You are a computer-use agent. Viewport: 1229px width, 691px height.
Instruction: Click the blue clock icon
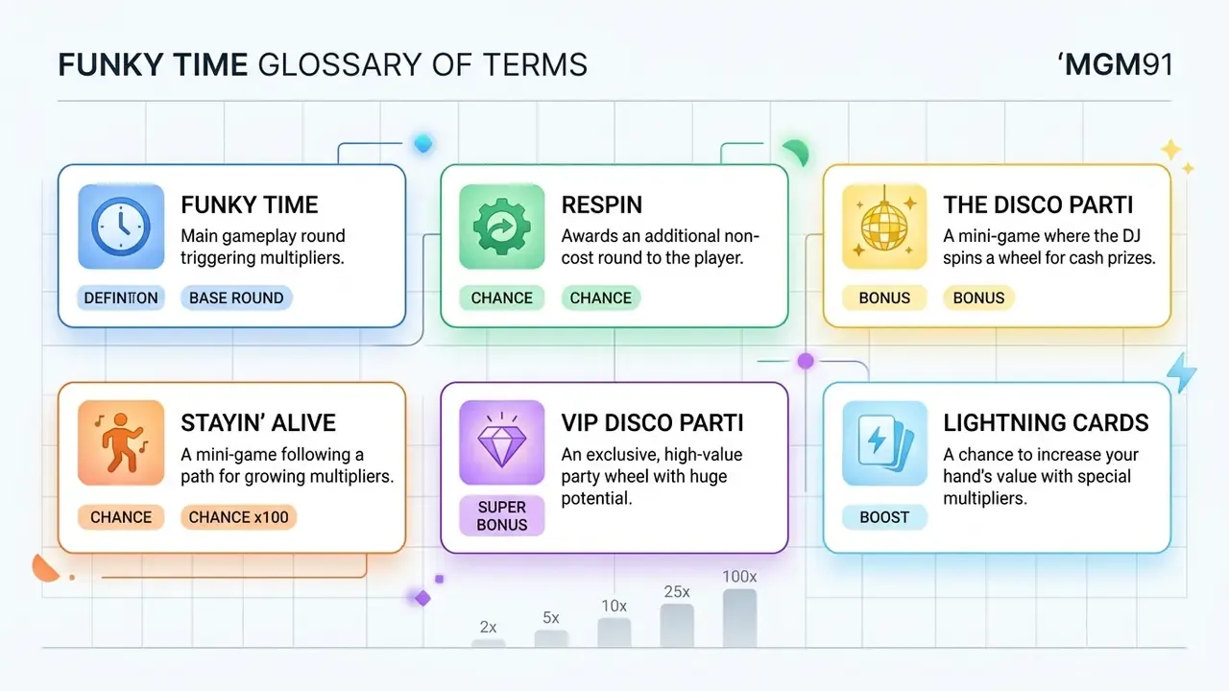tap(121, 226)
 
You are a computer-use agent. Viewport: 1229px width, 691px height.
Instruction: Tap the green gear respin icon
tap(501, 226)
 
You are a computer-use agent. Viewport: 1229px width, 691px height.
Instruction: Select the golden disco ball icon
tap(884, 226)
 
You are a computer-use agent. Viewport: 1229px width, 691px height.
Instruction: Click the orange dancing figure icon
tap(121, 443)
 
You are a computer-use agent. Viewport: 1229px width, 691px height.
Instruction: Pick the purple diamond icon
tap(501, 442)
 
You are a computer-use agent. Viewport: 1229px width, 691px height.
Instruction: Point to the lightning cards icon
tap(884, 443)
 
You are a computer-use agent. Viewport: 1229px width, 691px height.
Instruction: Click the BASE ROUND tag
tap(236, 298)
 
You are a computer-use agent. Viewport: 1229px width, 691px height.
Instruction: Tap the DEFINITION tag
tap(121, 298)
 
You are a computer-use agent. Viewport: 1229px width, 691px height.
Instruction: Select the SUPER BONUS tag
tap(501, 515)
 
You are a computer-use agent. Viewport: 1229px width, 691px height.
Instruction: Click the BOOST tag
tap(884, 517)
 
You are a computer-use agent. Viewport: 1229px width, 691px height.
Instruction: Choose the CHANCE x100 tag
tap(239, 517)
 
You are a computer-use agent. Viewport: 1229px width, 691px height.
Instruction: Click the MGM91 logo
tap(1115, 64)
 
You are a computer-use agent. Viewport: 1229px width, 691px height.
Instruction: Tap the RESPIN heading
tap(602, 205)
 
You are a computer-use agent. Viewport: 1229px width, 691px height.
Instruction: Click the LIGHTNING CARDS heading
tap(1046, 423)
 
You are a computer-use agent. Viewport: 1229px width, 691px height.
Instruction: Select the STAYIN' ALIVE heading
tap(258, 423)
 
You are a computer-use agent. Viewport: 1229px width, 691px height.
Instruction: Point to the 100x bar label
tap(739, 577)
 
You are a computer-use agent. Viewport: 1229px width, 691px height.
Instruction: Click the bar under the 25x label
tap(677, 626)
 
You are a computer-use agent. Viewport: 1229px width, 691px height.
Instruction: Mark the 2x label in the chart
tap(489, 627)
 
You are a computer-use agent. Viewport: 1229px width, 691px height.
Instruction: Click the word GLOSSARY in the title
tap(341, 64)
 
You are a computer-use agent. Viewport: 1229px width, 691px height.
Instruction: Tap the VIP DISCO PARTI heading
tap(652, 423)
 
